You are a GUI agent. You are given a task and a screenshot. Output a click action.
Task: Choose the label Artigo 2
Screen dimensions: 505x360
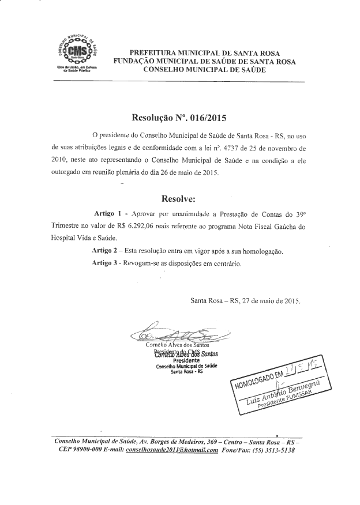[x=106, y=252]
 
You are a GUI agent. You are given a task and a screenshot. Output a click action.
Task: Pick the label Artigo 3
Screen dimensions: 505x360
[x=106, y=263]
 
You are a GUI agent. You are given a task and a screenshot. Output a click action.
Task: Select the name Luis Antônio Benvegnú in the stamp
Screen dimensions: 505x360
[x=287, y=392]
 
